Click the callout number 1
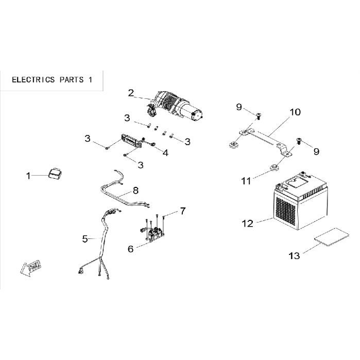pos(28,176)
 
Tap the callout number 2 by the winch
pos(131,93)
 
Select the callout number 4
pos(165,153)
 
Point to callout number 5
pos(85,239)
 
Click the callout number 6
pos(131,249)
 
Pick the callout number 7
pos(182,211)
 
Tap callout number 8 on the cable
pos(135,191)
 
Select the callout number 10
pos(295,112)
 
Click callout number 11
pos(246,181)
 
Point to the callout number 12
pos(248,224)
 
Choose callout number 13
pos(294,256)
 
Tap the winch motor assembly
pos(175,108)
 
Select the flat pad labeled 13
pos(332,237)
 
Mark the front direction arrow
pos(30,268)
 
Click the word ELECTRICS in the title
pos(33,80)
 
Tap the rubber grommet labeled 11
pos(273,168)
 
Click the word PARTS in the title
pos(72,80)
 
